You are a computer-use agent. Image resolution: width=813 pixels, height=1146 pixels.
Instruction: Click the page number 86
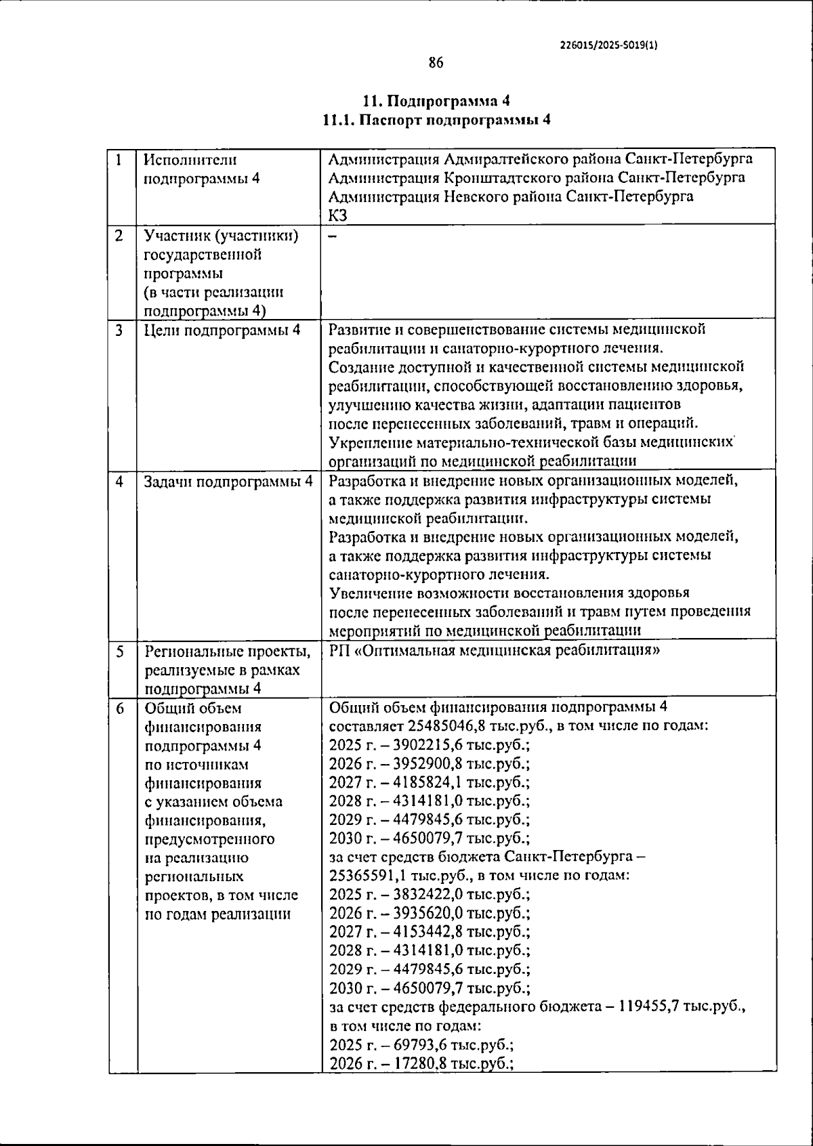(x=436, y=63)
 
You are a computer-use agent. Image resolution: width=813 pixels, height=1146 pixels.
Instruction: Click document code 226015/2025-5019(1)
(x=610, y=45)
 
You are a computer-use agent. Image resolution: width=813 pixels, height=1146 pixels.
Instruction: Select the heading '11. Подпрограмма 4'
(x=436, y=102)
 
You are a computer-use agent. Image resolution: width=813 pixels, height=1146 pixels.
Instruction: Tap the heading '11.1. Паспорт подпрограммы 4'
(x=436, y=121)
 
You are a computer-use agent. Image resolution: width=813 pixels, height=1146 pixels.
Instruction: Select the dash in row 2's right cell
(x=332, y=236)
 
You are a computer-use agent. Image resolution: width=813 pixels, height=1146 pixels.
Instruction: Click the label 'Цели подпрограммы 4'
(x=222, y=331)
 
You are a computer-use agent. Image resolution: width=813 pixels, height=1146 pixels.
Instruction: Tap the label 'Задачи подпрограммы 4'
(x=228, y=482)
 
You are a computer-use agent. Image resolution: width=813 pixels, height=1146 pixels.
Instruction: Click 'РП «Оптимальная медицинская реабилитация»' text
(x=494, y=651)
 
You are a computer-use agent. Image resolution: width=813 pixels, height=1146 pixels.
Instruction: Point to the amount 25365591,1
(x=371, y=876)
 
